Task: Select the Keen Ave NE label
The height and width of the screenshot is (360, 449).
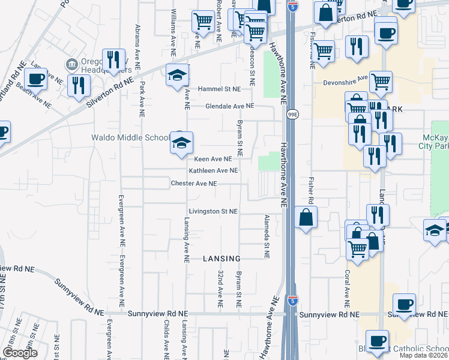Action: [x=213, y=160]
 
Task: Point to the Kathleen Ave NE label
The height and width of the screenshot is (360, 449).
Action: [x=214, y=171]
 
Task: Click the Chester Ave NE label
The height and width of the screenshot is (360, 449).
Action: [x=193, y=184]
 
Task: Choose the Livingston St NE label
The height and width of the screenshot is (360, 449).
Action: [x=213, y=212]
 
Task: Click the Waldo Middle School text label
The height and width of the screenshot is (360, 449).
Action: [x=130, y=137]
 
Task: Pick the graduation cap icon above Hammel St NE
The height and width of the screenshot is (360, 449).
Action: [x=178, y=75]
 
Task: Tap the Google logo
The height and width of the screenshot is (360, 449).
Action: [x=20, y=353]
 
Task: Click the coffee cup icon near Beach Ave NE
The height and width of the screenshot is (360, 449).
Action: [x=35, y=79]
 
